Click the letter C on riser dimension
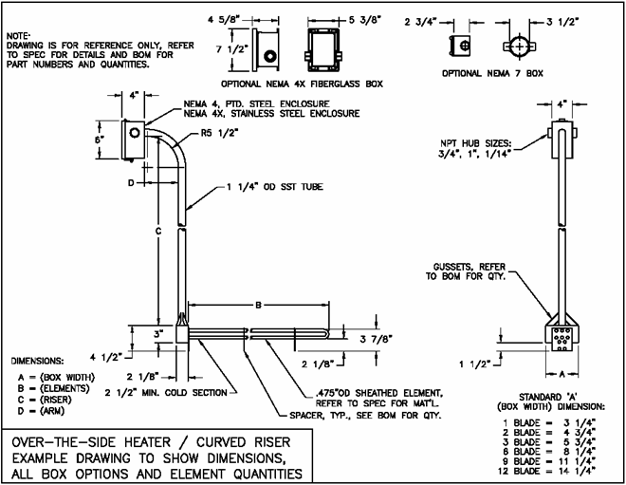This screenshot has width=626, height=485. pos(157,231)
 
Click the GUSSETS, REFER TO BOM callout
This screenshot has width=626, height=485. pos(469,273)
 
